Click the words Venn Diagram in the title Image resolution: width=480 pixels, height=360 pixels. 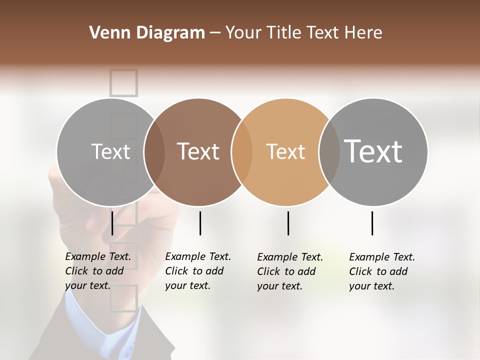point(147,33)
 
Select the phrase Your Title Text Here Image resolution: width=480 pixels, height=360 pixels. point(303,33)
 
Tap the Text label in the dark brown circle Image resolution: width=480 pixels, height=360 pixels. point(198,151)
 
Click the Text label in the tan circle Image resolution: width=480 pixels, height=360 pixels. point(285,151)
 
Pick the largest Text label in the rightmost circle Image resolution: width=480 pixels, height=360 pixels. point(373,151)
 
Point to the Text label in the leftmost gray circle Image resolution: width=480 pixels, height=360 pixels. point(110,151)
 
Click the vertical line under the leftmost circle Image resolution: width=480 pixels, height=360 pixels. point(112,223)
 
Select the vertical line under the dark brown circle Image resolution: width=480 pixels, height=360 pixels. point(200,223)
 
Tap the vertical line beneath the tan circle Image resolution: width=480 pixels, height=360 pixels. point(288,223)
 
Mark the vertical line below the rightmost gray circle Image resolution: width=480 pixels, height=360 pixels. point(372,223)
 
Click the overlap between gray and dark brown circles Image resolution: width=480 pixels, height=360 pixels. point(154,152)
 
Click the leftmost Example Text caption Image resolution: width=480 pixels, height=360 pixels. point(98,271)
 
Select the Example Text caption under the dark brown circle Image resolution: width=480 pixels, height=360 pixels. point(198,271)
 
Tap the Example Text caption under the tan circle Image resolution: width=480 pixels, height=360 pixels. point(290,271)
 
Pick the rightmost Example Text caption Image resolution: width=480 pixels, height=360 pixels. point(382,271)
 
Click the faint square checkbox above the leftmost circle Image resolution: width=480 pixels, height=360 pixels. point(123,82)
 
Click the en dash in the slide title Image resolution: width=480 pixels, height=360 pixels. point(215,33)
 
